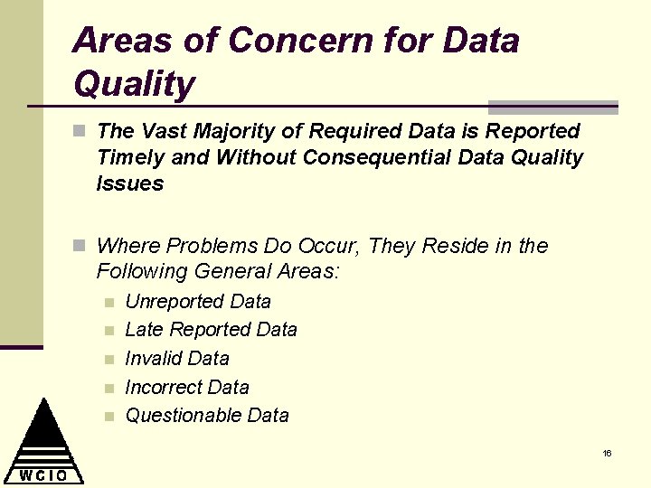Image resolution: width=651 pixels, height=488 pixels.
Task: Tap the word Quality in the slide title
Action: pyautogui.click(x=135, y=85)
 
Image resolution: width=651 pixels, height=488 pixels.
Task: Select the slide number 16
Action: pyautogui.click(x=608, y=453)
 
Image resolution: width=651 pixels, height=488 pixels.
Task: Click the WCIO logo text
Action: pyautogui.click(x=43, y=474)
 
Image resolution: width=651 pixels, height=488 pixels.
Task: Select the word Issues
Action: pyautogui.click(x=130, y=184)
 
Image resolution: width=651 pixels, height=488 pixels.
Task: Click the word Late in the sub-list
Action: pyautogui.click(x=145, y=330)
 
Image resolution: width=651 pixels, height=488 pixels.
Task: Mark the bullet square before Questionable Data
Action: pyautogui.click(x=108, y=417)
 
